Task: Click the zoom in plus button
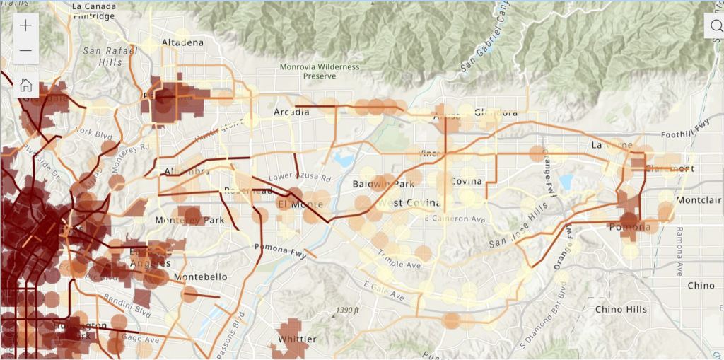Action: tap(25, 26)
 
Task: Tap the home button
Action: tap(25, 86)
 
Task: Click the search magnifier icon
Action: tap(716, 26)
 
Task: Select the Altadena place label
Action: tap(182, 42)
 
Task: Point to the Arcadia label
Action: tap(292, 112)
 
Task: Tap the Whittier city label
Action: tap(297, 339)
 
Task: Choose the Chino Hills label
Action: tap(621, 309)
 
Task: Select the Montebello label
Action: tap(200, 277)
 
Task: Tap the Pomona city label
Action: tap(629, 227)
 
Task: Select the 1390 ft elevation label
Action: tap(349, 310)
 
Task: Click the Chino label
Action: tap(701, 285)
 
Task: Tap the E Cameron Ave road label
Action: tap(452, 218)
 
